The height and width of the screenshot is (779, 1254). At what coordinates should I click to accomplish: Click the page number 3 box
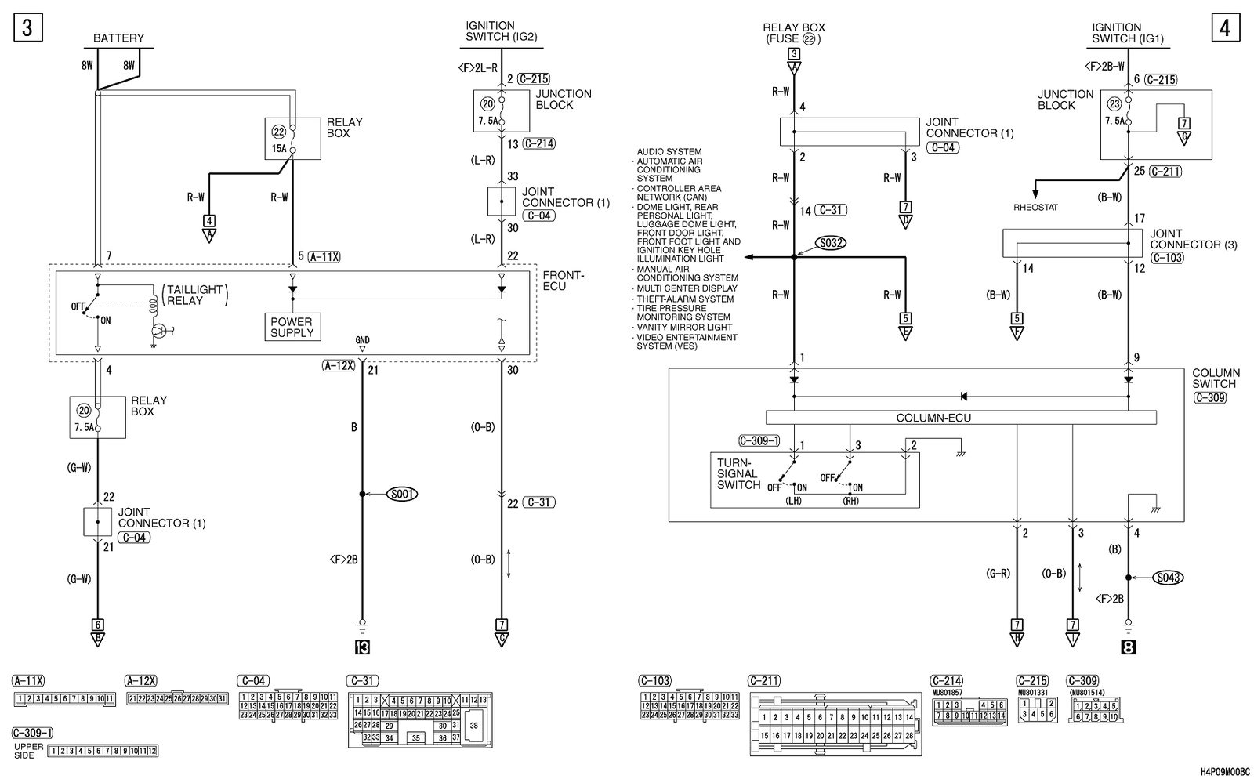[27, 28]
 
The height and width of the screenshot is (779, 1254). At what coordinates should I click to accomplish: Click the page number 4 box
[1225, 28]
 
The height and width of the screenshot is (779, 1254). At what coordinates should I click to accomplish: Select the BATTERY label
[118, 38]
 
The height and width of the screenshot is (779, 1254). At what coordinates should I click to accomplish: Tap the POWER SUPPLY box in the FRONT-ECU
[292, 327]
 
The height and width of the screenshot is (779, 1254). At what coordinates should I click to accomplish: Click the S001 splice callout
[402, 494]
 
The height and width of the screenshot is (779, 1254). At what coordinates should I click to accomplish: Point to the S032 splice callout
[830, 243]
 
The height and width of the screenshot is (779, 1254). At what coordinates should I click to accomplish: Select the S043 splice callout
[1168, 578]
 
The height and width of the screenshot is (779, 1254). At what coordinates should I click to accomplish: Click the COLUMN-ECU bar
[933, 418]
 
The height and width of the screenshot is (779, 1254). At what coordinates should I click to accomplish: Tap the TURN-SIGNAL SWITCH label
[738, 474]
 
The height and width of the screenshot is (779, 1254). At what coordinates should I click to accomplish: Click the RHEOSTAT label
[1035, 208]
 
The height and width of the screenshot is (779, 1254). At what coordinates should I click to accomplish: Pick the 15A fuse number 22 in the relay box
[279, 139]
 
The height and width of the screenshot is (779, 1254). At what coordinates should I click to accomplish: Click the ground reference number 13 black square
[362, 647]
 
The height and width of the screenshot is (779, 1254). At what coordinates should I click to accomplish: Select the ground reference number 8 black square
[1129, 647]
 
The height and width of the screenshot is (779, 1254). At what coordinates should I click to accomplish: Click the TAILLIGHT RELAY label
[194, 295]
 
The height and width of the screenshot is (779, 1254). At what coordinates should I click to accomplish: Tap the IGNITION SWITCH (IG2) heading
[501, 31]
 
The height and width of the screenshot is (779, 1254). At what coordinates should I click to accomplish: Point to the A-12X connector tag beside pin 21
[339, 365]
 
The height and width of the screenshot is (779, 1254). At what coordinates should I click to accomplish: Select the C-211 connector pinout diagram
[835, 724]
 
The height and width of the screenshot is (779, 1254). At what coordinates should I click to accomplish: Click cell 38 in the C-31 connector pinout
[473, 726]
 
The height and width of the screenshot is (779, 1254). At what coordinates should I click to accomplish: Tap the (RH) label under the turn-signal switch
[850, 501]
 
